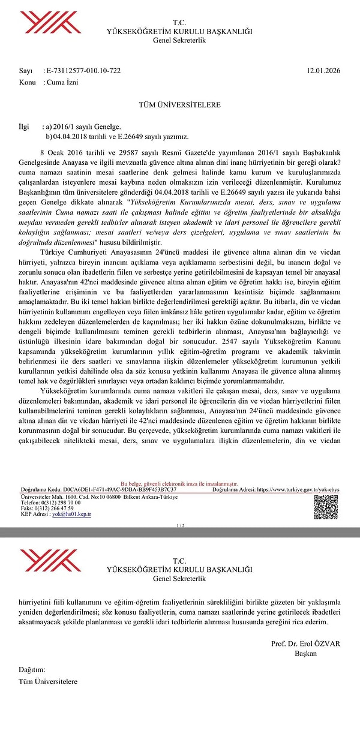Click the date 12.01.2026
tap(323, 71)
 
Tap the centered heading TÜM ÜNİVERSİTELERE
tap(179, 105)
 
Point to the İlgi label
tap(24, 127)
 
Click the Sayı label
tap(26, 71)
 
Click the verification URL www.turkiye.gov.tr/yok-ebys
tap(298, 489)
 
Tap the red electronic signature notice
tap(179, 483)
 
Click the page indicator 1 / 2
tap(180, 525)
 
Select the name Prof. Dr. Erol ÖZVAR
tap(305, 643)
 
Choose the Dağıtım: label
tap(32, 669)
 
